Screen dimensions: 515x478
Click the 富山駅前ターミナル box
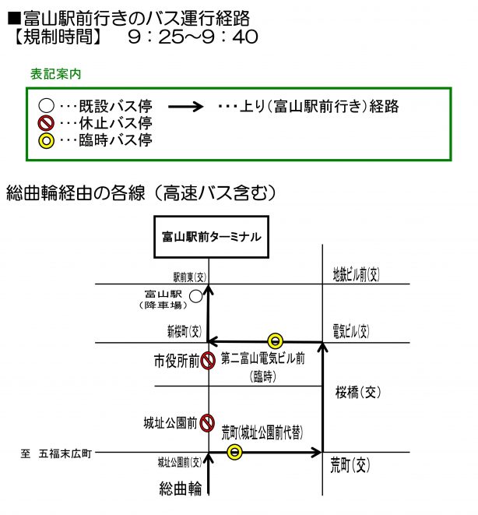pyautogui.click(x=211, y=236)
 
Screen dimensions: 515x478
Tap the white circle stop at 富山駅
pyautogui.click(x=195, y=296)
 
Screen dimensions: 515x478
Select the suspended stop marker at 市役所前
pyautogui.click(x=207, y=361)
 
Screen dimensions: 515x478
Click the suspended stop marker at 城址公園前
pyautogui.click(x=206, y=423)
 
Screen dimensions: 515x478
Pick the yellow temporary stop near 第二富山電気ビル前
pyautogui.click(x=275, y=340)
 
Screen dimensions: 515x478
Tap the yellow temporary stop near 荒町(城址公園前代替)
pyautogui.click(x=234, y=451)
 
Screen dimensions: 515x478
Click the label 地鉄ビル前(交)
pyautogui.click(x=356, y=274)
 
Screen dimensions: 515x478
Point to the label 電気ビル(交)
pyautogui.click(x=351, y=331)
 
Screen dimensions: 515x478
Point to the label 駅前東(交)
pyautogui.click(x=188, y=277)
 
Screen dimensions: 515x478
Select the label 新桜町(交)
pyautogui.click(x=185, y=331)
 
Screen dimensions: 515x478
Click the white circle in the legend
pyautogui.click(x=46, y=105)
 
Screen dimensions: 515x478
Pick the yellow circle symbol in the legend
pyautogui.click(x=46, y=140)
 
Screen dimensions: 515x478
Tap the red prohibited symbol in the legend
pyautogui.click(x=46, y=122)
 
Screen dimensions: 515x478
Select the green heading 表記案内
pyautogui.click(x=56, y=75)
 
